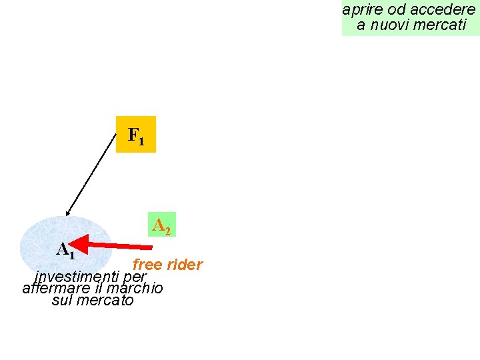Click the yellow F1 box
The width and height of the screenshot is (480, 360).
coord(135,135)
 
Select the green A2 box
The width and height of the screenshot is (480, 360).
coord(161,225)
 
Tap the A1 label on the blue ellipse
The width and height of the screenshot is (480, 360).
coord(65,250)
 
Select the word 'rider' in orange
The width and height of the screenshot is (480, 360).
coord(185,265)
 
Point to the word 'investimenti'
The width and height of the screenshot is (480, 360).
coord(77,276)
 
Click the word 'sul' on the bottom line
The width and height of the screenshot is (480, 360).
coord(62,300)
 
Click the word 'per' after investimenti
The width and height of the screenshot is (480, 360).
coord(135,277)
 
